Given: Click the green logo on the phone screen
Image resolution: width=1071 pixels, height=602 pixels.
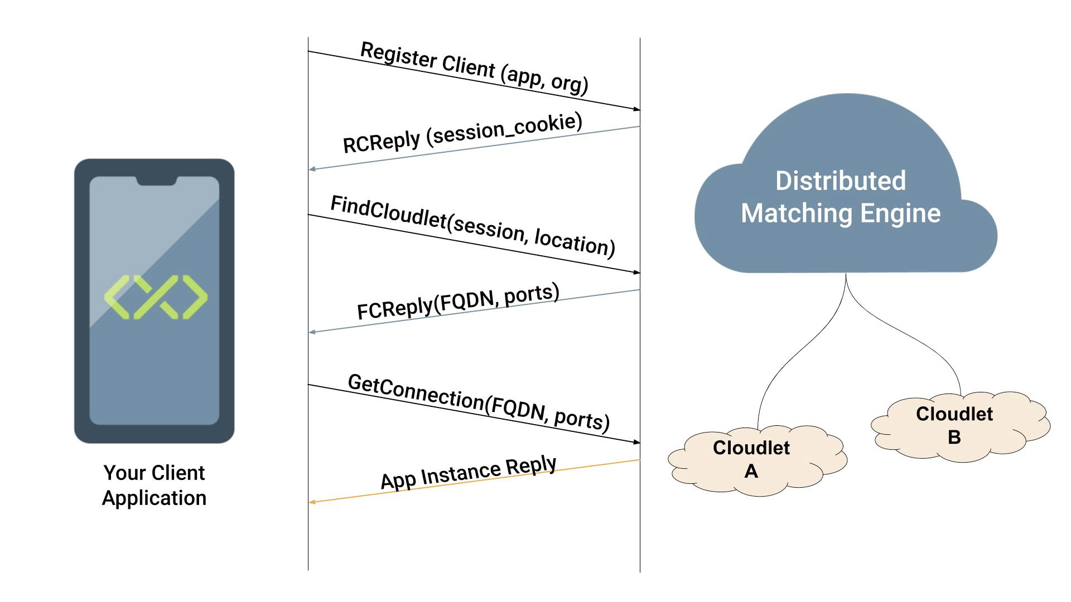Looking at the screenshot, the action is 156,297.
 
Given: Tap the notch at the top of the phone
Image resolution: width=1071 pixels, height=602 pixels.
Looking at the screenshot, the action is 157,181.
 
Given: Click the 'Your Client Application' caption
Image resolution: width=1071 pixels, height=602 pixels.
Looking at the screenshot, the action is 155,485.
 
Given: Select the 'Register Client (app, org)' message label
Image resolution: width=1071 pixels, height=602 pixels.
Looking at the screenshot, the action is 475,68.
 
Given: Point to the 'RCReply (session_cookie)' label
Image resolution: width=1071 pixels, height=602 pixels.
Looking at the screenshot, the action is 462,133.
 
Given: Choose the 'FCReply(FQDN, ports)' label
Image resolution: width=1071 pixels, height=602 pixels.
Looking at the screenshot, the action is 458,302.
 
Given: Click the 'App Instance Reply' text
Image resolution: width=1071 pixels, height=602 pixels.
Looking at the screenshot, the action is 469,473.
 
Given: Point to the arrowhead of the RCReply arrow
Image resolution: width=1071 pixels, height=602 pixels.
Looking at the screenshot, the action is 312,168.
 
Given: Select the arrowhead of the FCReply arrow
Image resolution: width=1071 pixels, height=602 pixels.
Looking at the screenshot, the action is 312,332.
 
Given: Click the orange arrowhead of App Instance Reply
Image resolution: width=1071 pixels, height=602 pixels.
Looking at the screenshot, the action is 312,502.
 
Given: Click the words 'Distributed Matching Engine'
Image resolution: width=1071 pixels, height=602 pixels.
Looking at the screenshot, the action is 841,197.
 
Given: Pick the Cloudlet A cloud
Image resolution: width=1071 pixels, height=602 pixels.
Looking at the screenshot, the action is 757,460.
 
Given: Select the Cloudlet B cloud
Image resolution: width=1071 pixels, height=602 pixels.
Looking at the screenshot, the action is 960,426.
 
